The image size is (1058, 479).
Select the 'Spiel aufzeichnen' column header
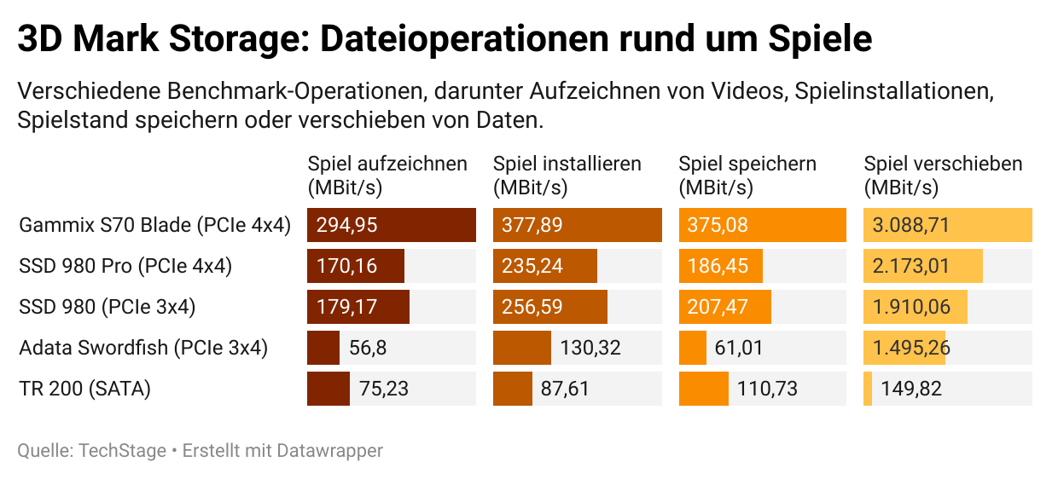[x=387, y=176]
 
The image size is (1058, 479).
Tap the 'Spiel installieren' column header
[x=567, y=176]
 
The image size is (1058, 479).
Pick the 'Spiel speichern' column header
[x=747, y=176]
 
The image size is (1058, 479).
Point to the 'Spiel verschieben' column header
[x=943, y=176]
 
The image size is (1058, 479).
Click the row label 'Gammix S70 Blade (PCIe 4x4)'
[x=155, y=226]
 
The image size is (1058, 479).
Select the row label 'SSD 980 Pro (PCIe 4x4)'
[x=125, y=266]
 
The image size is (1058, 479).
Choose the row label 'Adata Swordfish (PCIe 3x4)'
[x=143, y=348]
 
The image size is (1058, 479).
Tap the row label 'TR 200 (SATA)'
[x=84, y=389]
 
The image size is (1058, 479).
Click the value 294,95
[x=346, y=226]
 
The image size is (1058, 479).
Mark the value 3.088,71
[x=910, y=226]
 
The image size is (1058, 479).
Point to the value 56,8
[x=369, y=348]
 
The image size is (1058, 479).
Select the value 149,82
[x=911, y=389]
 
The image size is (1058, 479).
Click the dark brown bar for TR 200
[x=328, y=389]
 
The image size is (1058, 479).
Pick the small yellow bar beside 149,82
[x=868, y=389]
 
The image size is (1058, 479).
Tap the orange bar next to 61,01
[x=692, y=348]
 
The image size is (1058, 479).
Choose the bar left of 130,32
[x=521, y=348]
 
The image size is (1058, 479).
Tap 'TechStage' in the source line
[x=123, y=451]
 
